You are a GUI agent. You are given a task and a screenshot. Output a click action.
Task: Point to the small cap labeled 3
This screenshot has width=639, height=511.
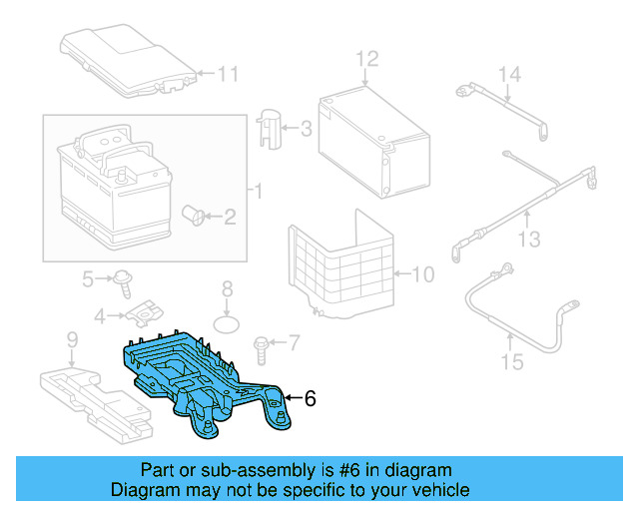tap(271, 128)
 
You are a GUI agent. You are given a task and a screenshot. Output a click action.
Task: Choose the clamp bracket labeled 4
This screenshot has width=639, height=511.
tap(144, 314)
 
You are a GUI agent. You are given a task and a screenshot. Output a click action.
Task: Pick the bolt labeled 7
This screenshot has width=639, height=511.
tap(262, 344)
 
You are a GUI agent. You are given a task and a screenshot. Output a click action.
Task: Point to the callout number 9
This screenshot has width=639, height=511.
tap(71, 341)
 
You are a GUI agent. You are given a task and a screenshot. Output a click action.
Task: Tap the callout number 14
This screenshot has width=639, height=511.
tap(510, 73)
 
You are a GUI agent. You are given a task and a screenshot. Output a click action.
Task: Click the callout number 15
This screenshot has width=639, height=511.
tap(511, 361)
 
